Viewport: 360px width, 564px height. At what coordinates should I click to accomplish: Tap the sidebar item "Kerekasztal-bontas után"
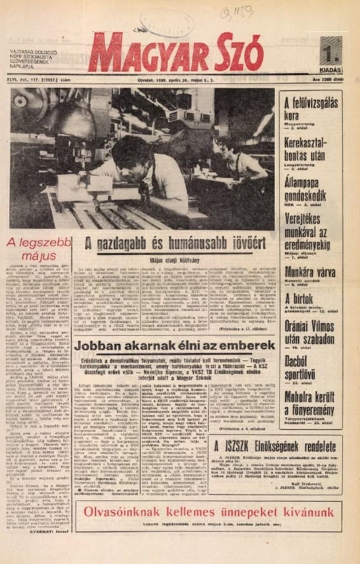tap(310, 146)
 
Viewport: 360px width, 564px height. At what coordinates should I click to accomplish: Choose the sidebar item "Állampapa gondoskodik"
tap(310, 182)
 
